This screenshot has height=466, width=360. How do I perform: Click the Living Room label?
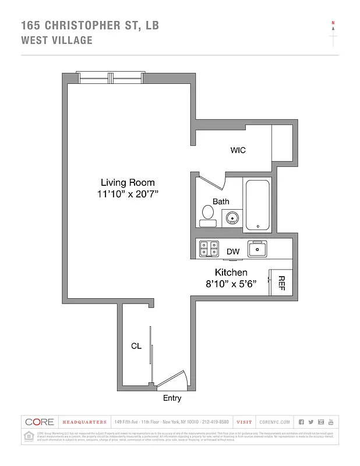128,182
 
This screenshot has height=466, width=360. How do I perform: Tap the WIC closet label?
238,150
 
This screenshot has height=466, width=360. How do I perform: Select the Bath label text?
221,202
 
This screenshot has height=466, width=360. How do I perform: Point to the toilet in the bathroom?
208,215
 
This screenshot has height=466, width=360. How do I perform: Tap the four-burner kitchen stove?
209,249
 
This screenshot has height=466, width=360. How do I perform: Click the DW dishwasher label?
233,252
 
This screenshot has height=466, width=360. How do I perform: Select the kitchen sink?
257,249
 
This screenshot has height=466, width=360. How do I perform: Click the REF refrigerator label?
280,283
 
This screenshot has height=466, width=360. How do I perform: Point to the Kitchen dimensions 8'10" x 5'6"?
232,285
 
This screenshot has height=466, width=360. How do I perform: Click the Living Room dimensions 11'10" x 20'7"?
128,195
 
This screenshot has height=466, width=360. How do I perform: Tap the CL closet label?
136,346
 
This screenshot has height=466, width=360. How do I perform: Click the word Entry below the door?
172,398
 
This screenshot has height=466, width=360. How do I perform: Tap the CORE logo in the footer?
40,422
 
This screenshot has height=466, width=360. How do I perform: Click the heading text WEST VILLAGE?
57,40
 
